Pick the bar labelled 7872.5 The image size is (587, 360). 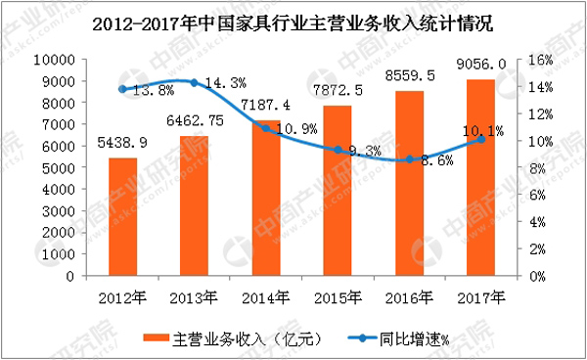coord(337,191)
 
